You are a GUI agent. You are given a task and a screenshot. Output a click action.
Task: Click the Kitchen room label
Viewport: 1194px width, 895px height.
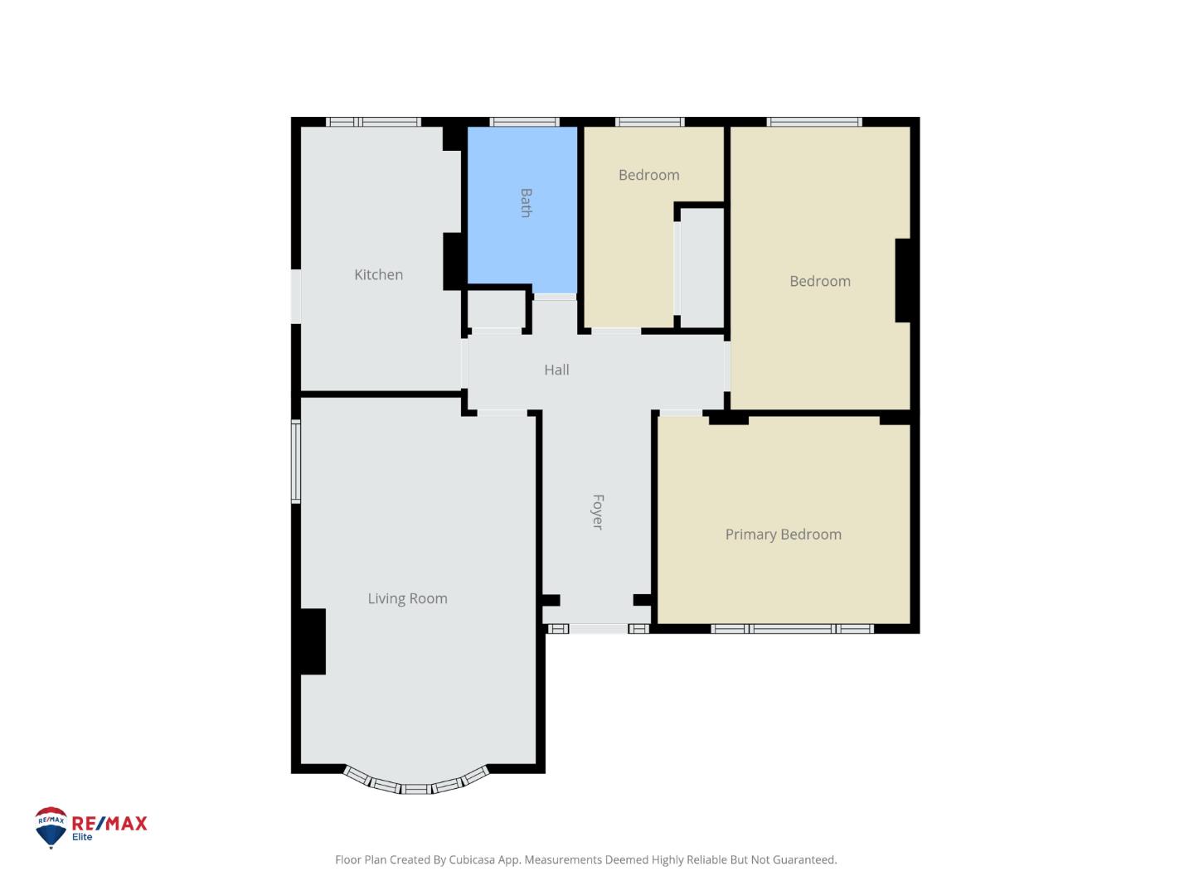pyautogui.click(x=378, y=274)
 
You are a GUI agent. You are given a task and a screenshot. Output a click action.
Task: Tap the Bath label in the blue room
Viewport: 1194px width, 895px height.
pyautogui.click(x=526, y=203)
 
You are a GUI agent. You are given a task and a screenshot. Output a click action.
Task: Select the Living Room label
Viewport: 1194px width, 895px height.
pyautogui.click(x=407, y=598)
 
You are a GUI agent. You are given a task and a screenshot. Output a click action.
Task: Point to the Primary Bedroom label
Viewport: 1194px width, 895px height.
pyautogui.click(x=783, y=535)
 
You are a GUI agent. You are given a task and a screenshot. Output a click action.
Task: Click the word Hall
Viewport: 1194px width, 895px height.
pyautogui.click(x=556, y=370)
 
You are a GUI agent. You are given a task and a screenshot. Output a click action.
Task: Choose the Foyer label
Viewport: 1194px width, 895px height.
pyautogui.click(x=597, y=511)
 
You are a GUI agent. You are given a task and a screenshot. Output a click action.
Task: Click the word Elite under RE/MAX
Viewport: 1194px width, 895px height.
pyautogui.click(x=82, y=837)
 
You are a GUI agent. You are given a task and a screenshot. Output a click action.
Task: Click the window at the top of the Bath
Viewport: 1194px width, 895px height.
pyautogui.click(x=524, y=122)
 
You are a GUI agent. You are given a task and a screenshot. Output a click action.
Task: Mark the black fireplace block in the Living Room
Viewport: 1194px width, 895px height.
pyautogui.click(x=313, y=641)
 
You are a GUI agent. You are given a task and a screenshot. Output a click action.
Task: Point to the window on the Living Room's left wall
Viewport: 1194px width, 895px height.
pyautogui.click(x=295, y=462)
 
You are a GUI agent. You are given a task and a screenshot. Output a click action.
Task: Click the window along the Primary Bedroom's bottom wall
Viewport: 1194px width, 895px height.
pyautogui.click(x=793, y=629)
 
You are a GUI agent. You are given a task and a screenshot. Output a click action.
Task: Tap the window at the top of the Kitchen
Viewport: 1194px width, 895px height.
pyautogui.click(x=374, y=122)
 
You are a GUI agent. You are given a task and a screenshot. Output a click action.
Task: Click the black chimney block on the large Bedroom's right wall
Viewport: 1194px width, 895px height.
pyautogui.click(x=904, y=280)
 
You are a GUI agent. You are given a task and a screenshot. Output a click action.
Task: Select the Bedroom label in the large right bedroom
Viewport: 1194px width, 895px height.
pyautogui.click(x=819, y=281)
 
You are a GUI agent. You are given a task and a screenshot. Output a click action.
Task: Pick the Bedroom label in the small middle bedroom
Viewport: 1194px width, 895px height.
pyautogui.click(x=648, y=175)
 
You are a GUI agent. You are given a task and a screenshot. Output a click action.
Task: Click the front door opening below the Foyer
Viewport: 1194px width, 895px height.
pyautogui.click(x=598, y=629)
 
